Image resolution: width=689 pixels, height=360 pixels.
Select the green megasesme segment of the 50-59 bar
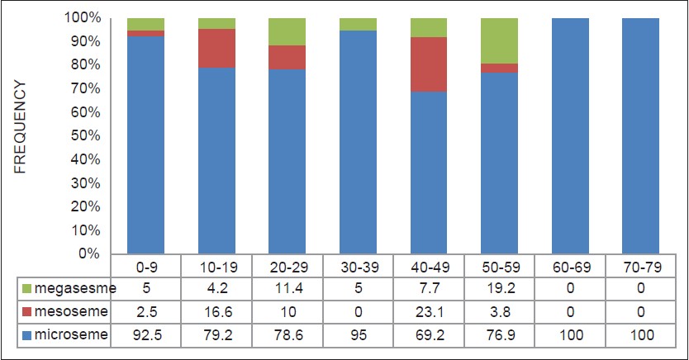click(500, 40)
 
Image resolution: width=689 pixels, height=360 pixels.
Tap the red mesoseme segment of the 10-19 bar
click(216, 48)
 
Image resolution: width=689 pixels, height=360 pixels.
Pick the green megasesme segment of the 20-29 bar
click(287, 31)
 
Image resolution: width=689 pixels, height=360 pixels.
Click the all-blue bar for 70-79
click(642, 136)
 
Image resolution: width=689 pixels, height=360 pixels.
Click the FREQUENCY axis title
click(21, 126)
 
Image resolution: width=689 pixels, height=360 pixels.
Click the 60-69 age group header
click(571, 267)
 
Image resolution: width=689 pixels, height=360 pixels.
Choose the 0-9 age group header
click(145, 267)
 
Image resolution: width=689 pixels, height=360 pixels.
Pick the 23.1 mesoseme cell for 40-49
click(430, 313)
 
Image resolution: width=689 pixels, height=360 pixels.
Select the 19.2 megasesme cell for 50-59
click(500, 289)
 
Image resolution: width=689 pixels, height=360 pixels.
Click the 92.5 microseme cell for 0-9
click(145, 336)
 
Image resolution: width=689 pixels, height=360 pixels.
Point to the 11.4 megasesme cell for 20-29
click(287, 289)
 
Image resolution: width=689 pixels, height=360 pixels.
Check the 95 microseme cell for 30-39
click(359, 336)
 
